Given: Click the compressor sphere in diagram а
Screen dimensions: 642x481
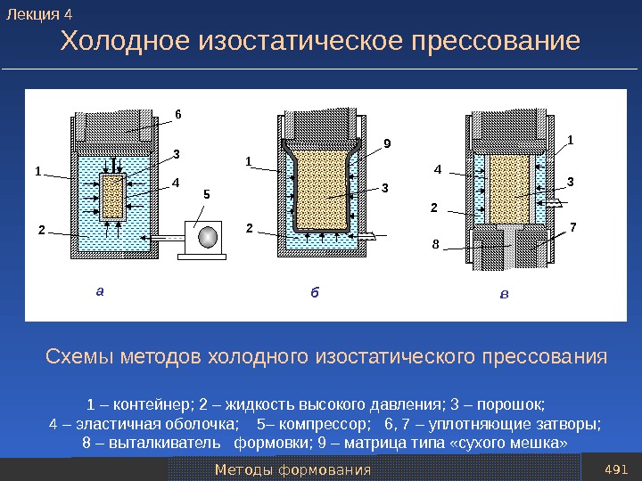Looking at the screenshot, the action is pyautogui.click(x=208, y=236).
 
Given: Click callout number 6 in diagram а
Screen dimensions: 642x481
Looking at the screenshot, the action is pyautogui.click(x=177, y=114).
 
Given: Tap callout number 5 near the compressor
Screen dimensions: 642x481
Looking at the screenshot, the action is pyautogui.click(x=207, y=193).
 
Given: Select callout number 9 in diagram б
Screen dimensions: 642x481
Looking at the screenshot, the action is pyautogui.click(x=387, y=143).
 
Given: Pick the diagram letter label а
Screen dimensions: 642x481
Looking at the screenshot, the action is pyautogui.click(x=100, y=289).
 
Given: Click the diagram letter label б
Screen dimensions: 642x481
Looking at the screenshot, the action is pyautogui.click(x=314, y=290).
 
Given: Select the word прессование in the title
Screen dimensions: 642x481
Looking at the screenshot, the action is pyautogui.click(x=497, y=42).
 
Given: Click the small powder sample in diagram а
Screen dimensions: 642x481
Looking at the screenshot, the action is pyautogui.click(x=112, y=197).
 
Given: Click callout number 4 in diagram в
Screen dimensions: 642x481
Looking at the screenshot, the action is pyautogui.click(x=438, y=168).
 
